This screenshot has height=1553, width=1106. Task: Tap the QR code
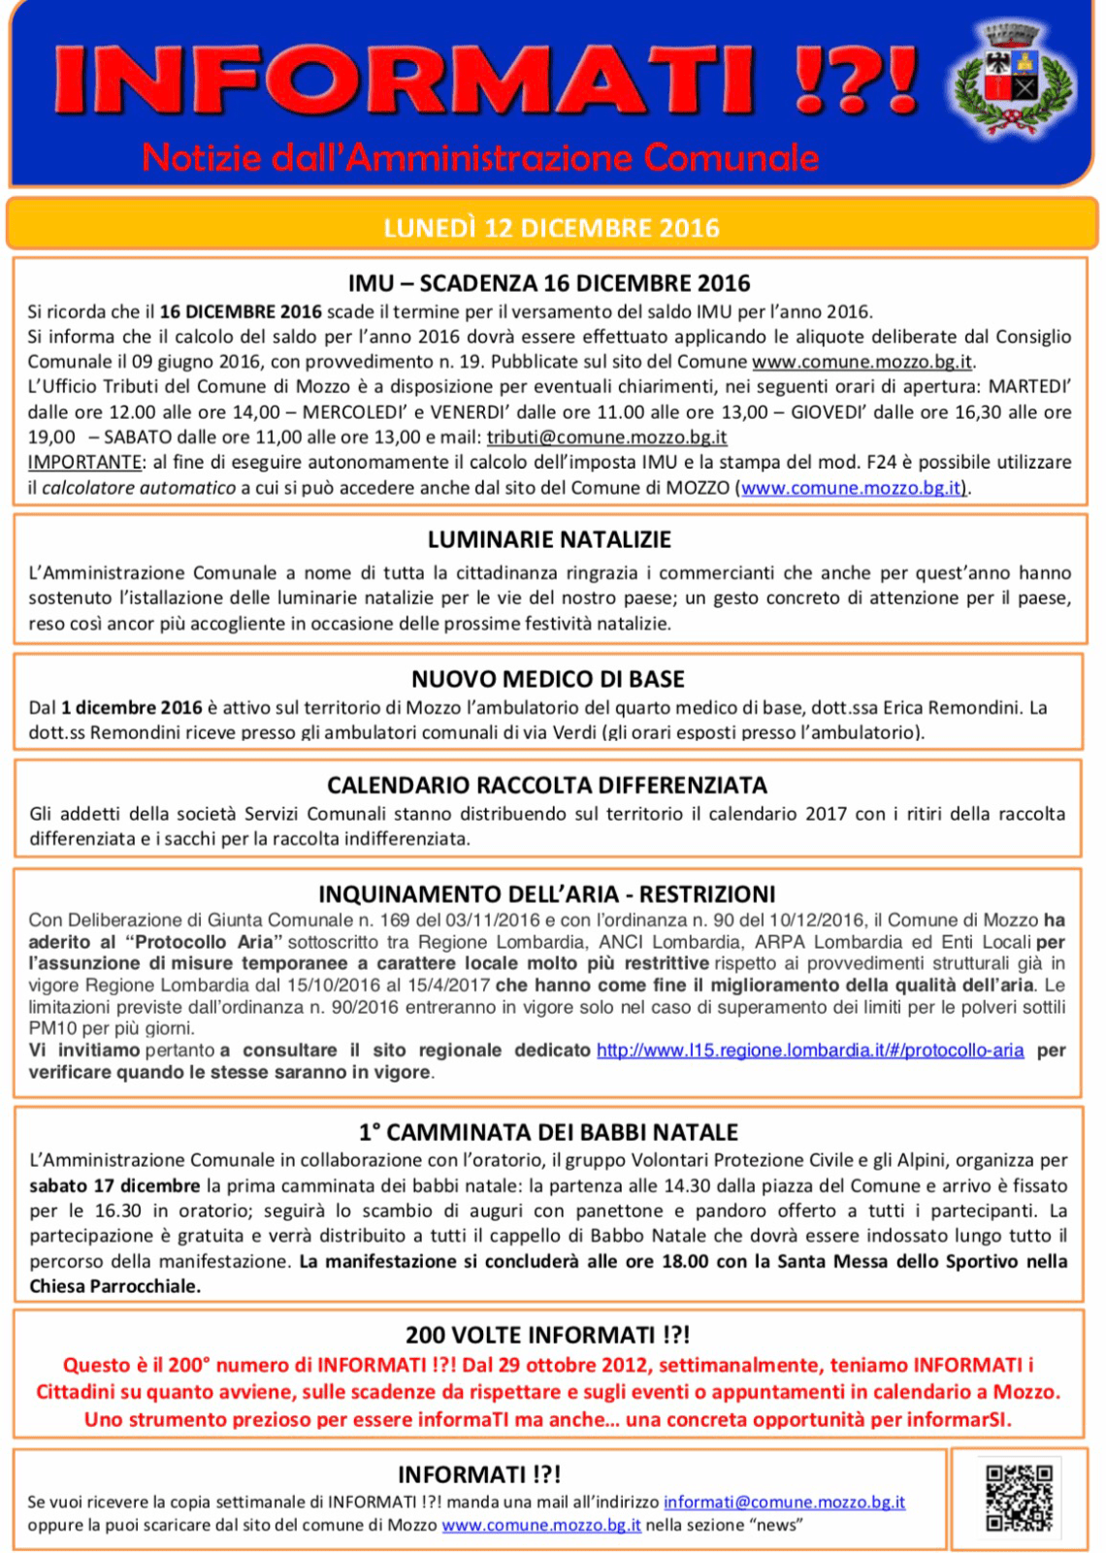coord(1019,1498)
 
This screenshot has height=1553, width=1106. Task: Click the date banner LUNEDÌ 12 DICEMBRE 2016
coord(551,228)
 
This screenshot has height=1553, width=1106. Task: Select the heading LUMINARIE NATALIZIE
coord(549,539)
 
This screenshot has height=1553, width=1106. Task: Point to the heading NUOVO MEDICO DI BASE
coord(548,679)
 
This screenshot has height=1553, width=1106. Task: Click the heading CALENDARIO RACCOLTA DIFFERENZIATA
coord(547,785)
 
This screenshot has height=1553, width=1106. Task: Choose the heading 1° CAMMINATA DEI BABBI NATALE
coord(548,1132)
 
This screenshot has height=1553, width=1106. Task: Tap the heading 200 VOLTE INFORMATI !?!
coord(548,1335)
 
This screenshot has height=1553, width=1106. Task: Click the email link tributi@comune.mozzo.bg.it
coord(606,437)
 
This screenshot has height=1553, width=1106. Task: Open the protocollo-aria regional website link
coord(810,1051)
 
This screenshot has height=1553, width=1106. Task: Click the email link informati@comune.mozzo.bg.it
coord(784,1502)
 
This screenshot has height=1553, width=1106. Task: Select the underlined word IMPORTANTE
coord(84,463)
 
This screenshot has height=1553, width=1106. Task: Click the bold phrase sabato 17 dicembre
coord(114,1185)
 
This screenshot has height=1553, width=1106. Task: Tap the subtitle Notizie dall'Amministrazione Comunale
coord(480,157)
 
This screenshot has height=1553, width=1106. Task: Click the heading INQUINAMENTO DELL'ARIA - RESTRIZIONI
coord(547,893)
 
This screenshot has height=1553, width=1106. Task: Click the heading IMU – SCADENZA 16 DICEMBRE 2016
coord(549,283)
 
